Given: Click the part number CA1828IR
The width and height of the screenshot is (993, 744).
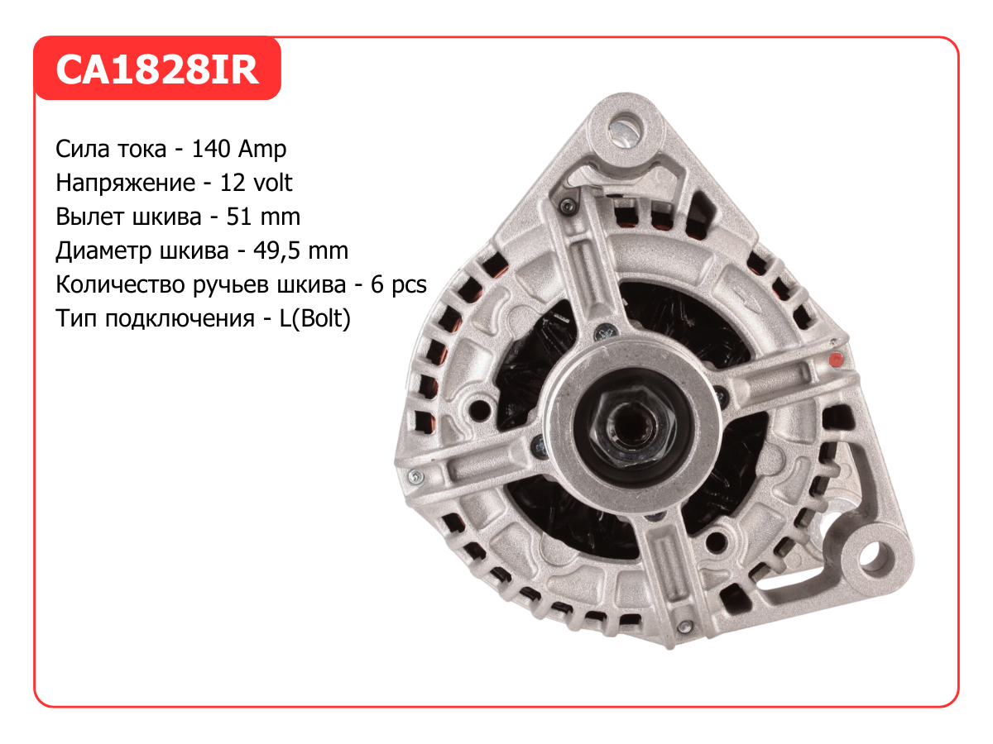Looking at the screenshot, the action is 157,69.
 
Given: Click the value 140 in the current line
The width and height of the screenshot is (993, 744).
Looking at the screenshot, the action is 211,149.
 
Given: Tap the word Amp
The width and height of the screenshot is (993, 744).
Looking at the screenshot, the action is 262,150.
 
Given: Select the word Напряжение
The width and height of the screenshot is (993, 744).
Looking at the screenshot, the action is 125,184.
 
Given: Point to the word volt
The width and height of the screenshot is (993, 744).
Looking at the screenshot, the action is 273,183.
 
